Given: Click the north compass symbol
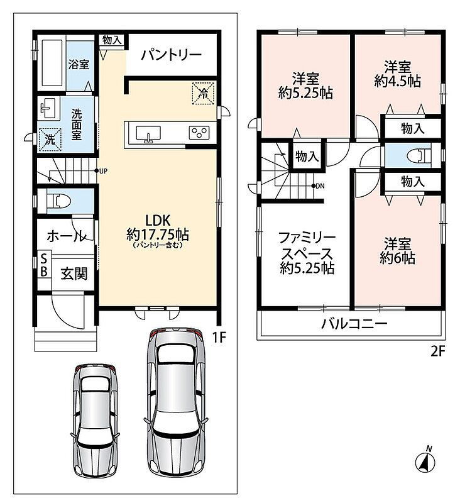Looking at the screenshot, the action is click(x=425, y=460).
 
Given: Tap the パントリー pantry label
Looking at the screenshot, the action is click(x=171, y=55).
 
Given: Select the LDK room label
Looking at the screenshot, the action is click(x=157, y=221).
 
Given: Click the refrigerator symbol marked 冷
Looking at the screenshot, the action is click(x=203, y=93).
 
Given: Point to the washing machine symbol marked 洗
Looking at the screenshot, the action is click(x=50, y=140).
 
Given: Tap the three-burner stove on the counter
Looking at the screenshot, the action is click(x=199, y=133).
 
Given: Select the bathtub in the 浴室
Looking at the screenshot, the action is click(x=52, y=63).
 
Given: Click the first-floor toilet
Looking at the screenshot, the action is click(x=59, y=201).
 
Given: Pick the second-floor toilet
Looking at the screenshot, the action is click(x=419, y=155).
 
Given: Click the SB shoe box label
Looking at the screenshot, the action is click(x=44, y=265).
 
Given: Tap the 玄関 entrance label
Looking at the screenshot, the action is click(x=74, y=274).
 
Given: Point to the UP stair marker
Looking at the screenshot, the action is click(x=101, y=171).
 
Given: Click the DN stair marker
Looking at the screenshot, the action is click(x=318, y=186).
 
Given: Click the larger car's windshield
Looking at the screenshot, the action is click(x=177, y=355).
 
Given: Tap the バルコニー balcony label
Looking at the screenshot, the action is click(x=354, y=324).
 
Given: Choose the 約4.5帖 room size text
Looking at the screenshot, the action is click(x=398, y=82).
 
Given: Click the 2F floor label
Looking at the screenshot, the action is click(x=437, y=352).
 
